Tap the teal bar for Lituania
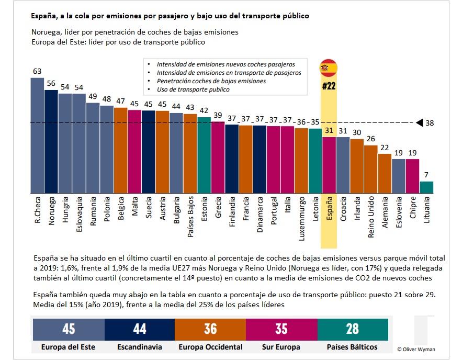426,188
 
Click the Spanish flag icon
329,67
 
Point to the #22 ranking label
329,86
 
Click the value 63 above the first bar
37,71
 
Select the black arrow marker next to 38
420,123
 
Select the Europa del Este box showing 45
69,329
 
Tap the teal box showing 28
353,329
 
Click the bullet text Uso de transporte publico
193,89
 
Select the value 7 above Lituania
426,175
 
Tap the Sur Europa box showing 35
282,329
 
